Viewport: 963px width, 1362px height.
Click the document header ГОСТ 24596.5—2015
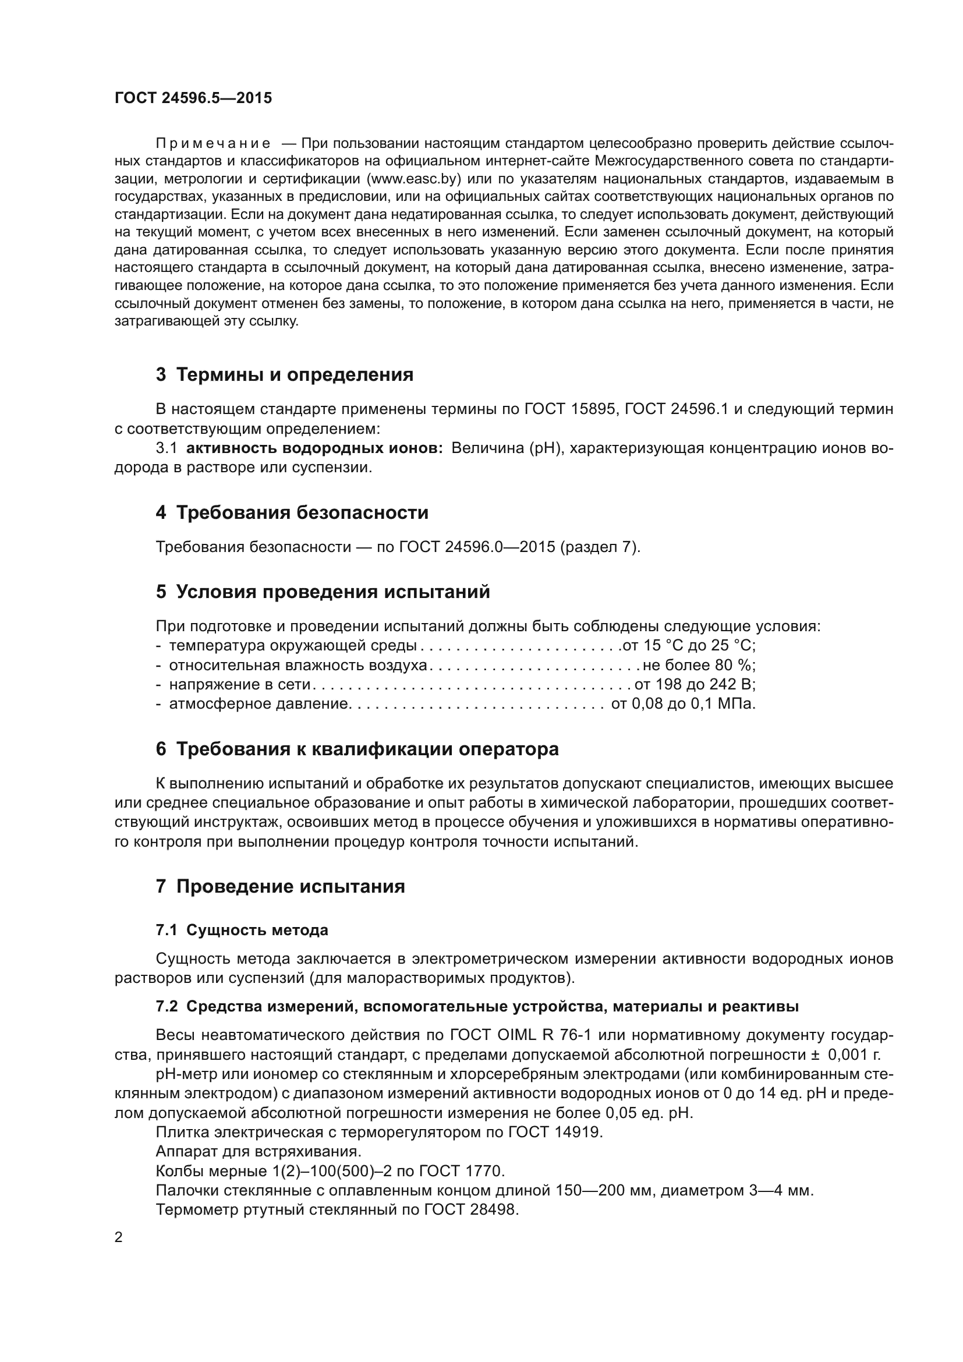[193, 98]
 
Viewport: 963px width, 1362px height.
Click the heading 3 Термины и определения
[285, 375]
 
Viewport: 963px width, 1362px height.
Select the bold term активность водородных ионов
[314, 448]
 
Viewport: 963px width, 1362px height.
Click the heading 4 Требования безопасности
[292, 512]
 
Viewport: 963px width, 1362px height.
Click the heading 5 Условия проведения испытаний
[323, 592]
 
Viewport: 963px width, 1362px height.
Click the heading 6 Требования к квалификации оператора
[357, 749]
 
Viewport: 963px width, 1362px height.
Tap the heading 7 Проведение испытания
[280, 886]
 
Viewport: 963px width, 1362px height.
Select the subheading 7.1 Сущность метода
[242, 930]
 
